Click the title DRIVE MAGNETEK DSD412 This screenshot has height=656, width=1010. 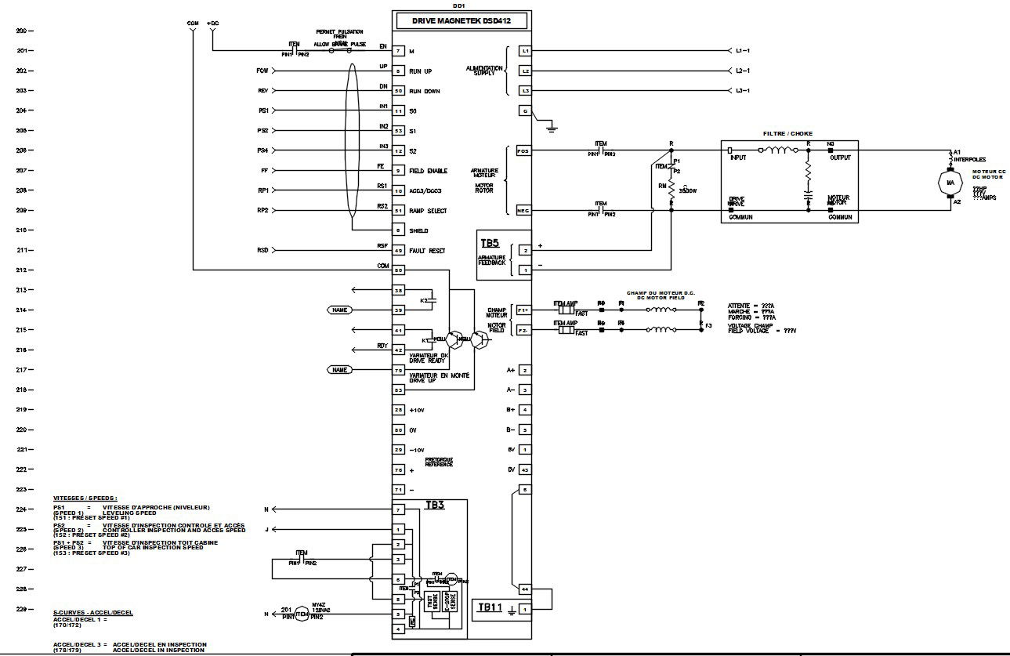tap(462, 22)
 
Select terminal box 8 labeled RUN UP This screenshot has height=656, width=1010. tap(398, 71)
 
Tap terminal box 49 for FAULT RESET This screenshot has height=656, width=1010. tap(398, 251)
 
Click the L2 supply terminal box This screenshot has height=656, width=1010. tap(526, 71)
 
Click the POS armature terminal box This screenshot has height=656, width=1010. tap(524, 150)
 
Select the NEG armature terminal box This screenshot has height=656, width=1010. tap(524, 210)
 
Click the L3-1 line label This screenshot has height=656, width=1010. tap(742, 91)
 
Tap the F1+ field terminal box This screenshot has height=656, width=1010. tap(525, 311)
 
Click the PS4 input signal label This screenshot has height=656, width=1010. tap(263, 150)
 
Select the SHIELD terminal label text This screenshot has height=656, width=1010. tap(421, 231)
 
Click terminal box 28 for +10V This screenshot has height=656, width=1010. tap(398, 410)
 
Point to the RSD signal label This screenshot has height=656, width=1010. tap(262, 251)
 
